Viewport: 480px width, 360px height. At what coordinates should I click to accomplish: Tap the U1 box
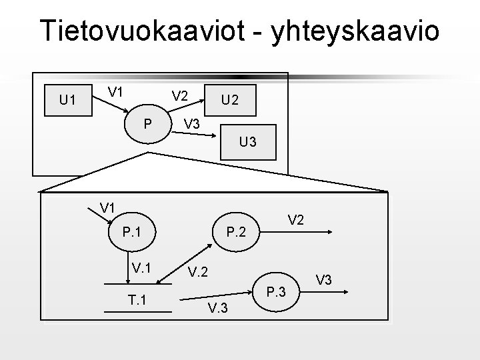coord(66,101)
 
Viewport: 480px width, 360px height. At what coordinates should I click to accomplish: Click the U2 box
coord(230,100)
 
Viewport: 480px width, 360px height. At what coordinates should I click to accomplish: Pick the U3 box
coord(248,143)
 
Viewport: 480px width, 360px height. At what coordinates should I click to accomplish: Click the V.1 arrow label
coord(141,268)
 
